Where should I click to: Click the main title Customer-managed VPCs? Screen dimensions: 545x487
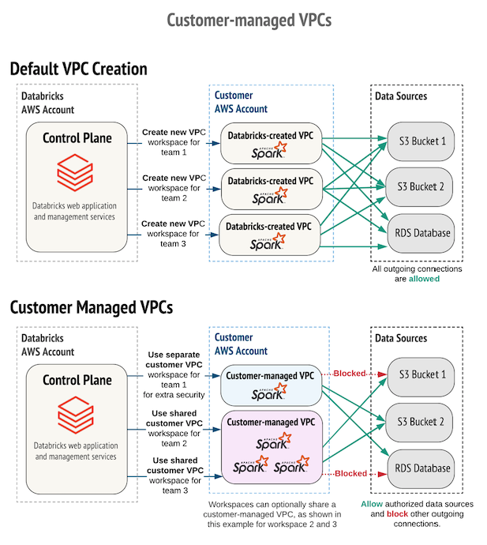click(244, 19)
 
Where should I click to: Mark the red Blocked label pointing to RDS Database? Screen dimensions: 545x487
click(350, 474)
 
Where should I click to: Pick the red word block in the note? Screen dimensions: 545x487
click(397, 513)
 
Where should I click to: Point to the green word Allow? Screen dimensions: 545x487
click(373, 504)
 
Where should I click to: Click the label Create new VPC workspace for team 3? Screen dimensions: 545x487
click(174, 234)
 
